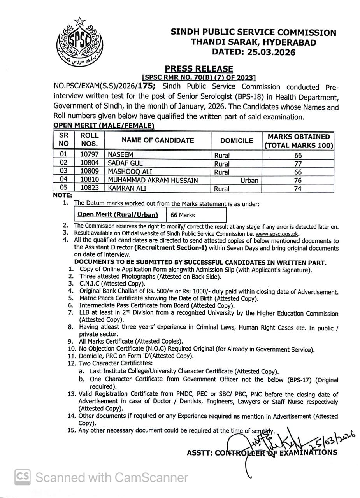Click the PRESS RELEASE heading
[198, 69]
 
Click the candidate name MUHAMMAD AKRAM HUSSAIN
[153, 180]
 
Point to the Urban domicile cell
[249, 181]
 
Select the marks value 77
[298, 164]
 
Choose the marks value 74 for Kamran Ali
[298, 189]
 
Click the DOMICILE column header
[236, 140]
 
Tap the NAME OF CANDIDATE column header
[158, 140]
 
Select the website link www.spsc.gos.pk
[277, 234]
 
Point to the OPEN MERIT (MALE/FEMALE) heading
[104, 125]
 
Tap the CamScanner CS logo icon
[23, 477]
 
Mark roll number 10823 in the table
[90, 188]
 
